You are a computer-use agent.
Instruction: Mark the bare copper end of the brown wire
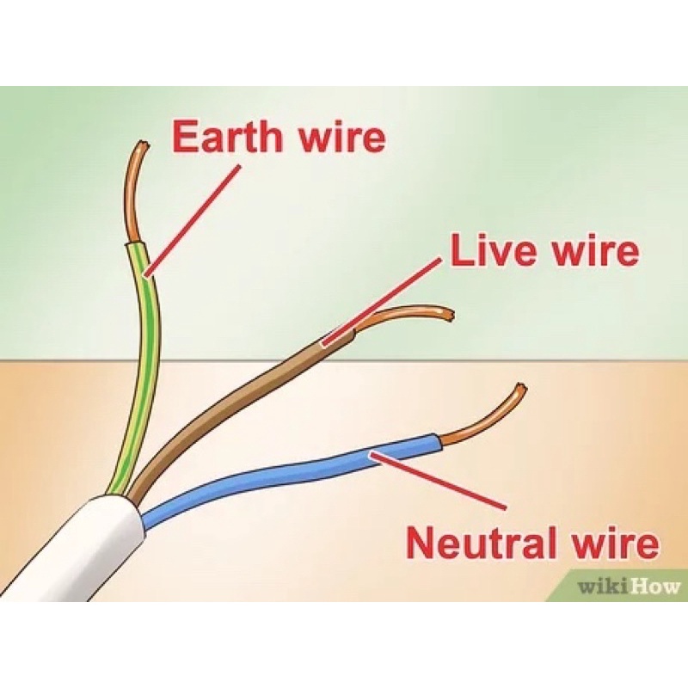coord(404,316)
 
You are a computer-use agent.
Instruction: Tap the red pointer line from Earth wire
coord(193,219)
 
